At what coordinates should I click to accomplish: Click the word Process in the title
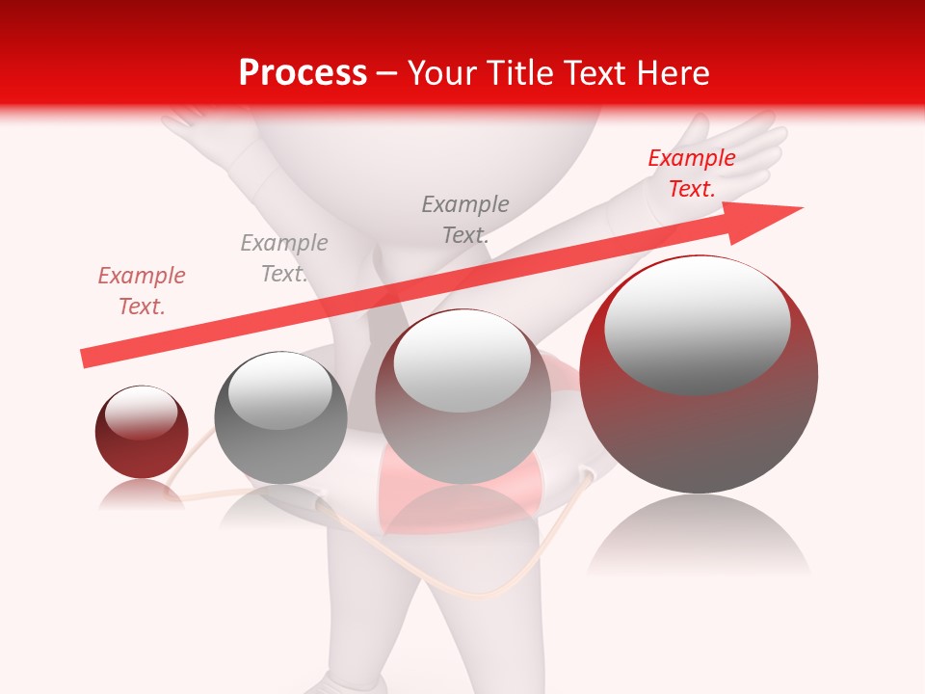click(x=303, y=73)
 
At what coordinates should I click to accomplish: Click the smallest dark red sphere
click(x=142, y=432)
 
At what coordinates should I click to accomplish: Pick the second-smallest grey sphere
click(x=280, y=417)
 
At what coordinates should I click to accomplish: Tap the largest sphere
click(x=699, y=375)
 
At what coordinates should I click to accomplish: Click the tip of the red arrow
click(x=800, y=208)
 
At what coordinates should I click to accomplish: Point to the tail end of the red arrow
click(x=85, y=359)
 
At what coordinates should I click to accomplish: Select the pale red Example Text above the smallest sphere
click(x=142, y=291)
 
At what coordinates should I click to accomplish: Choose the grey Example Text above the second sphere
click(x=284, y=258)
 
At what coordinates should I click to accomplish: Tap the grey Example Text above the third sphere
click(x=465, y=219)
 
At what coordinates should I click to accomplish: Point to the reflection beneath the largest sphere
click(x=699, y=540)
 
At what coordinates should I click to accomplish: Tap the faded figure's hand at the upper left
click(x=188, y=120)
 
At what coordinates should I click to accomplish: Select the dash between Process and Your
click(x=387, y=73)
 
